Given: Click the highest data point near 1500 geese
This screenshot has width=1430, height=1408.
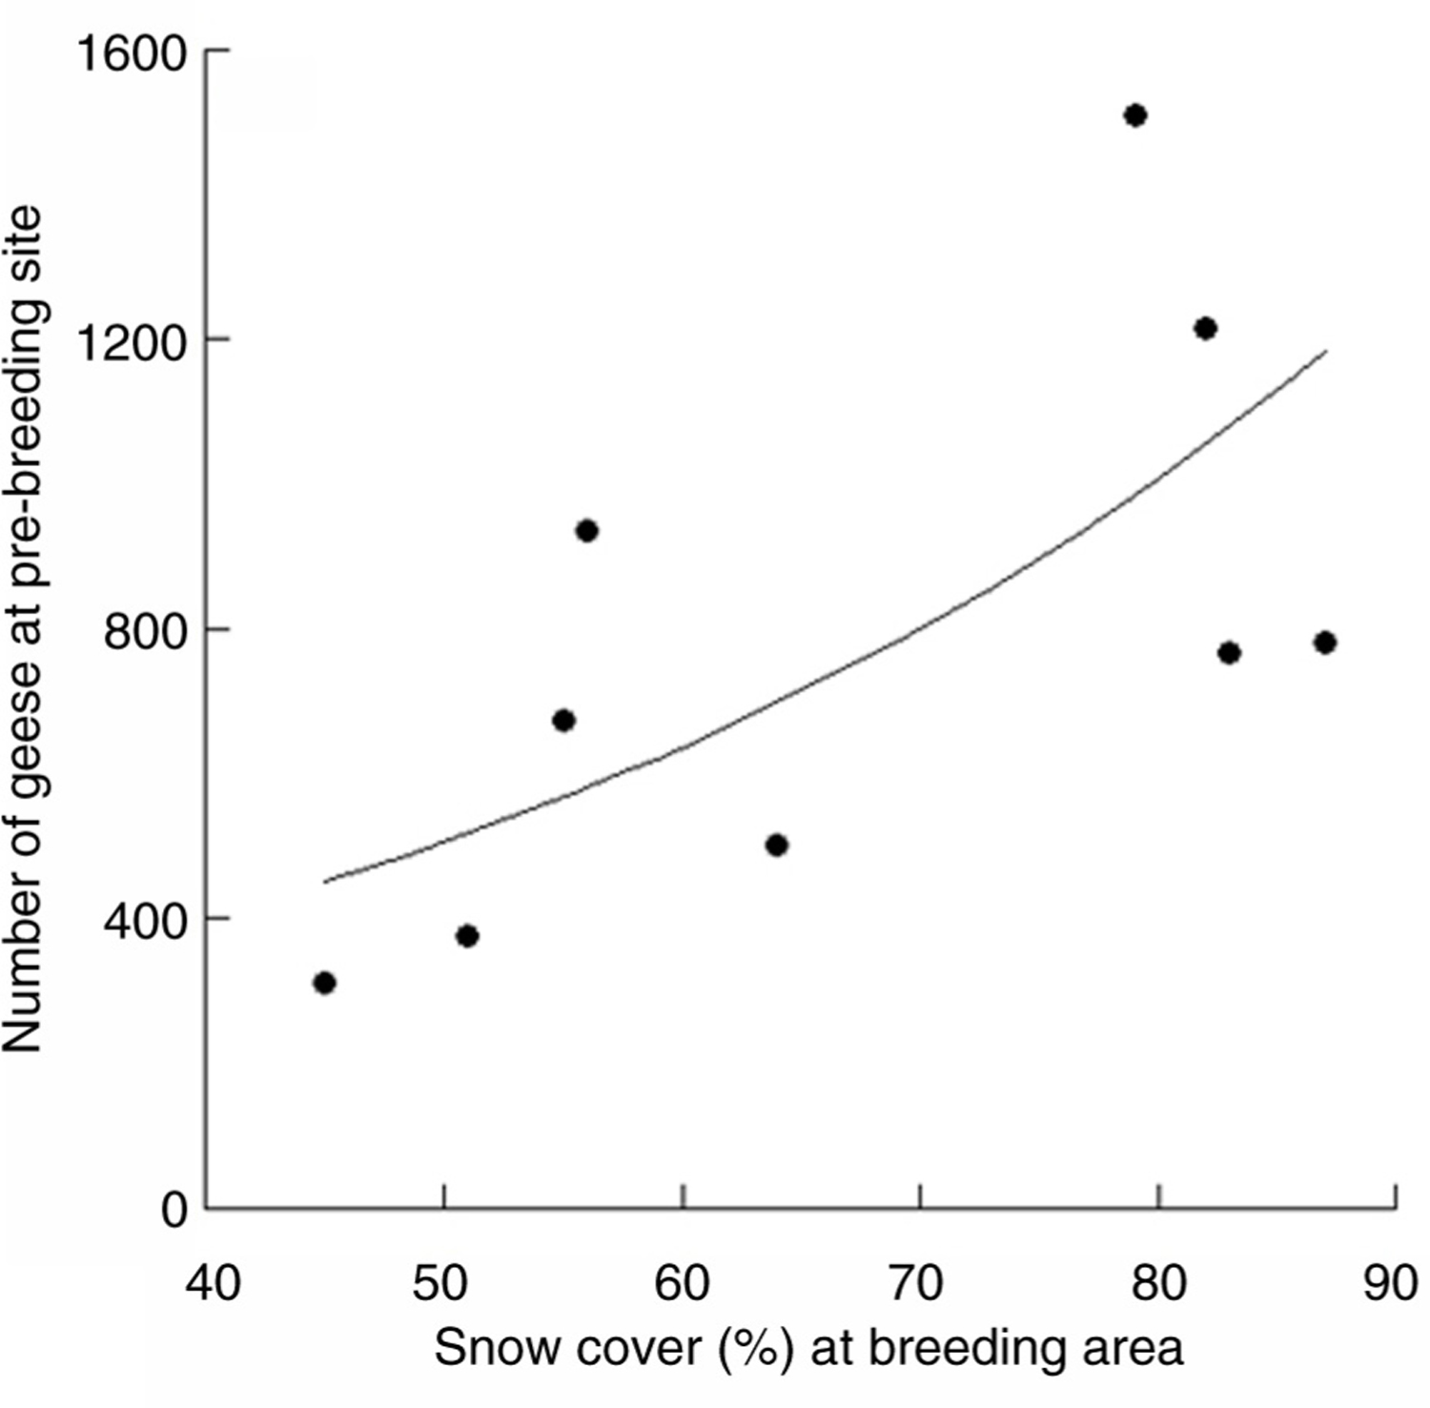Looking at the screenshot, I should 1134,116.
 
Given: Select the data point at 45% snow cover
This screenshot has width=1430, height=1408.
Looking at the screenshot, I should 324,983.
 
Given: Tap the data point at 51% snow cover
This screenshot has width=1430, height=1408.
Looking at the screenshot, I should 467,936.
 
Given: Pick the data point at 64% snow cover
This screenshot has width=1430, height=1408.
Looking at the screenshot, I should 777,845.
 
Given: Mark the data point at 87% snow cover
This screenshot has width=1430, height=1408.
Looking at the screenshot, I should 1324,643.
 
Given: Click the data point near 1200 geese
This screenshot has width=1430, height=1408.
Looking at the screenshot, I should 1205,329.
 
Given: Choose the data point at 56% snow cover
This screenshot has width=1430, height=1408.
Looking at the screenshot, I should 586,531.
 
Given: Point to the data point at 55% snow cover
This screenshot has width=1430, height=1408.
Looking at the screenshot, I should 563,721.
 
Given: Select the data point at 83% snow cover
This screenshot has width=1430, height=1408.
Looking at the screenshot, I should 1229,653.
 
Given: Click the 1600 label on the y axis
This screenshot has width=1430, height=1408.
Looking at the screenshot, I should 131,53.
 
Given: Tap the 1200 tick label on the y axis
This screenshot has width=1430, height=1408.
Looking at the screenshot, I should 131,342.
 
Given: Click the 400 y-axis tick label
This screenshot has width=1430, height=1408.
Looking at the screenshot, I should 145,922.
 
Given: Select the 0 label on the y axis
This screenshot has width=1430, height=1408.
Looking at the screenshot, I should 174,1211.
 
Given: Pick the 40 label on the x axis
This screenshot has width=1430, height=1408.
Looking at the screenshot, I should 213,1283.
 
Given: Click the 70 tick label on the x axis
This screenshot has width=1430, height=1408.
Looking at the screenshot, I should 916,1283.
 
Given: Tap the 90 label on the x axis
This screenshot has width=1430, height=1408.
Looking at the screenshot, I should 1390,1283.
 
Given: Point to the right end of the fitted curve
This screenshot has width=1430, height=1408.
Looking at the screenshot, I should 1325,351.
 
